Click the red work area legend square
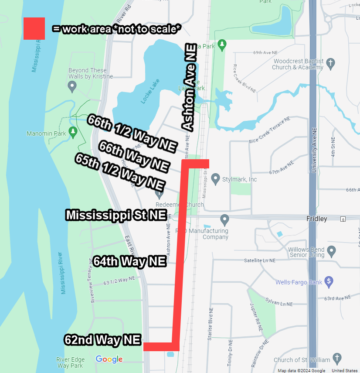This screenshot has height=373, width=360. pos(34,28)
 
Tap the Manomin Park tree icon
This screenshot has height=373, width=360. pos(73,131)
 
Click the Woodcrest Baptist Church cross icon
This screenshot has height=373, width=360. pos(330,64)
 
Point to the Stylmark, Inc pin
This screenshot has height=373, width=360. pos(215,178)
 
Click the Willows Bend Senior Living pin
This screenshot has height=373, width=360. pos(331,251)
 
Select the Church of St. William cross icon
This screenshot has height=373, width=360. pos(336,359)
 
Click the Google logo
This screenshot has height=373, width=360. pos(109,359)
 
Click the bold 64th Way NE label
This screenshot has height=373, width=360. pos(129,261)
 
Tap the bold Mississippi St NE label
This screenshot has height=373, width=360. pos(116,215)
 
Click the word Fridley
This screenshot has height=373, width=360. pos(316,219)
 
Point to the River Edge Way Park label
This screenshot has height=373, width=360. pos(70,362)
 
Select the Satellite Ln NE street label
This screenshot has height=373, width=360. pos(259,260)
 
